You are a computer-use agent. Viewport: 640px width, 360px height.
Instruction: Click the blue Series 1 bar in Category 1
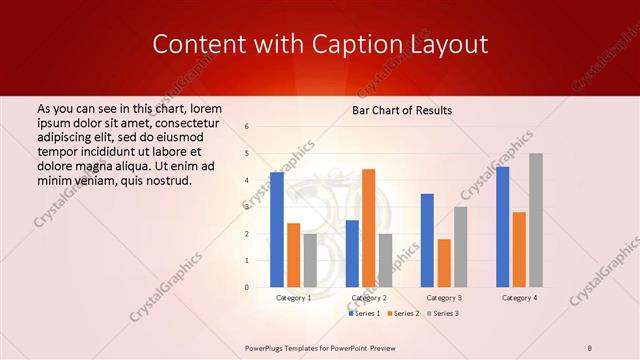point(277,230)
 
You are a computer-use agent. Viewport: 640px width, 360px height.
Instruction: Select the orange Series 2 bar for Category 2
point(368,228)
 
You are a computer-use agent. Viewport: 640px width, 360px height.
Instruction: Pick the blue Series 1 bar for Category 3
point(427,240)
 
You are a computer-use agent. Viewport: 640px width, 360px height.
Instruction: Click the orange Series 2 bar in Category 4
point(519,249)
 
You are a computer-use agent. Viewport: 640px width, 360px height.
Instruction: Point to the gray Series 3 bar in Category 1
point(310,260)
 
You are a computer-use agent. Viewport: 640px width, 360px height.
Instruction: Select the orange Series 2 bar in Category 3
point(444,263)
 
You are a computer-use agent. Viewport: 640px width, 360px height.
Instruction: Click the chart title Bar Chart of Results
point(403,110)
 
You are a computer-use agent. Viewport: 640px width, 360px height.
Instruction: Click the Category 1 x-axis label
point(293,298)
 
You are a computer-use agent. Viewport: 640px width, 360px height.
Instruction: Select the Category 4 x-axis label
point(519,298)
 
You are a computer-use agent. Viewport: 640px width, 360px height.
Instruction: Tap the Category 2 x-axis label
point(368,298)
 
